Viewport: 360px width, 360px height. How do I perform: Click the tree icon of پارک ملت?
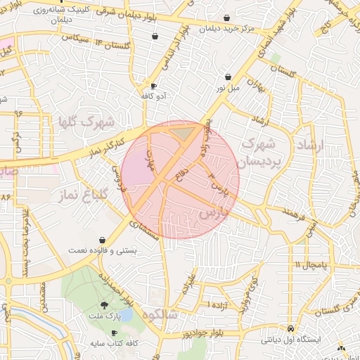pyautogui.click(x=105, y=305)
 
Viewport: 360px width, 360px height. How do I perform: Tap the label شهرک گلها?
pyautogui.click(x=87, y=121)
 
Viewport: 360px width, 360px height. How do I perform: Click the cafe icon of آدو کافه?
pyautogui.click(x=153, y=86)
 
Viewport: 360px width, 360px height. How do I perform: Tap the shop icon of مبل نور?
pyautogui.click(x=228, y=77)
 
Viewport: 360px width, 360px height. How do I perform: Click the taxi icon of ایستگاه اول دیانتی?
pyautogui.click(x=290, y=328)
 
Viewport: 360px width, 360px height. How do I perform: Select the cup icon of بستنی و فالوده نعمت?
pyautogui.click(x=103, y=239)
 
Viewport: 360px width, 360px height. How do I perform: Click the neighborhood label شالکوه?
pyautogui.click(x=162, y=315)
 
